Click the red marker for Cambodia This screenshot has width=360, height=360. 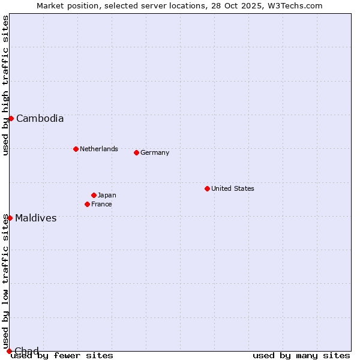pyautogui.click(x=11, y=118)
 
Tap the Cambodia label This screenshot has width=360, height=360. pyautogui.click(x=40, y=119)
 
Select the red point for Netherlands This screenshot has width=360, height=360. pyautogui.click(x=76, y=149)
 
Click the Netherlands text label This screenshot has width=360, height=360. pyautogui.click(x=99, y=149)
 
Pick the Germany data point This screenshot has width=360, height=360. pyautogui.click(x=136, y=152)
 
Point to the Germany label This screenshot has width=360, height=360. pyautogui.click(x=155, y=152)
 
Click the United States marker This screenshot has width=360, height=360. pyautogui.click(x=207, y=188)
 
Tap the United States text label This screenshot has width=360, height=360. pyautogui.click(x=233, y=188)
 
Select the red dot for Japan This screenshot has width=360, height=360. pyautogui.click(x=94, y=195)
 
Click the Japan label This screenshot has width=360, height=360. pyautogui.click(x=107, y=195)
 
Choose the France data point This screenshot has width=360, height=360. pyautogui.click(x=87, y=204)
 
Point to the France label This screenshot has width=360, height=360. pyautogui.click(x=101, y=204)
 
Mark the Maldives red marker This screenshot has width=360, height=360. pyautogui.click(x=10, y=218)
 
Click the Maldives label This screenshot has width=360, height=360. pyautogui.click(x=36, y=218)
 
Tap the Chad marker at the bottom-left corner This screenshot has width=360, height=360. pyautogui.click(x=9, y=351)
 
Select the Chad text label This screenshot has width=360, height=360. pyautogui.click(x=26, y=351)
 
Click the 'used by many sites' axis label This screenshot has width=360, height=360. pyautogui.click(x=301, y=356)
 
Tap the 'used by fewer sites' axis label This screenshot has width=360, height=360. pyautogui.click(x=62, y=356)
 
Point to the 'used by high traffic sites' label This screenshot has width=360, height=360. pyautogui.click(x=5, y=85)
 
